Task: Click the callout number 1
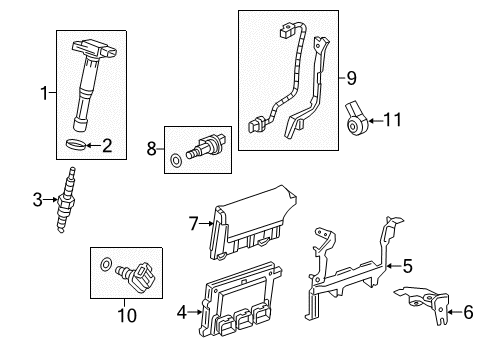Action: click(44, 93)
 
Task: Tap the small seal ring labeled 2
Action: click(75, 144)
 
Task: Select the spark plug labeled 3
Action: click(65, 200)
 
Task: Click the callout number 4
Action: click(182, 312)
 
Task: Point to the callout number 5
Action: click(408, 266)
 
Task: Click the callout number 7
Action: click(194, 223)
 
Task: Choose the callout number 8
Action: click(152, 149)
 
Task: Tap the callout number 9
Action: click(351, 78)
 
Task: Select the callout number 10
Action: click(127, 315)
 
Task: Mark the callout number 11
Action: click(393, 120)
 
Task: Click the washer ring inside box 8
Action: click(176, 160)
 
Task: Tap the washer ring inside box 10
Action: click(106, 264)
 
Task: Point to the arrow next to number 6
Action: click(454, 312)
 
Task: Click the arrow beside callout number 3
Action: click(50, 200)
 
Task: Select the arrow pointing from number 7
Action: click(206, 223)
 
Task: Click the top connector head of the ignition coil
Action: click(95, 49)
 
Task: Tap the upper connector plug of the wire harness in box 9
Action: click(287, 29)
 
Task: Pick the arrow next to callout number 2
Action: click(93, 145)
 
